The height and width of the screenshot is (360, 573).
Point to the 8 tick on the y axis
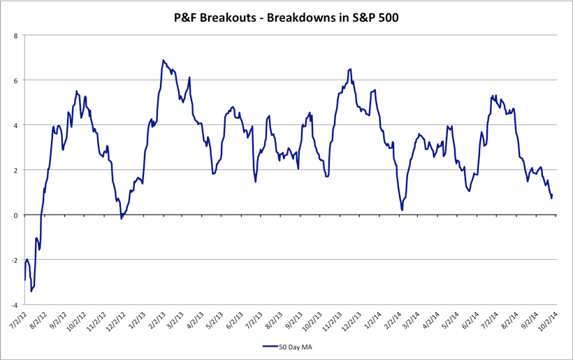[16, 35]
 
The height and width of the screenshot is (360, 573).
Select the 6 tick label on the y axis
[16, 80]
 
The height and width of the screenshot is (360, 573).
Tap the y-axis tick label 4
[16, 125]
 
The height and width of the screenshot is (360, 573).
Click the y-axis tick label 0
[16, 215]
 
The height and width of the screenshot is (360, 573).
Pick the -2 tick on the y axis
[15, 260]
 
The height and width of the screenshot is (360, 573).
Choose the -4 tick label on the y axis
[15, 305]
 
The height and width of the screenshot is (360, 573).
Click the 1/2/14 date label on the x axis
[372, 320]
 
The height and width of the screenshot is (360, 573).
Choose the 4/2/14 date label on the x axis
[430, 320]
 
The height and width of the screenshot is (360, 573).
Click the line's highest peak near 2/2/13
[163, 60]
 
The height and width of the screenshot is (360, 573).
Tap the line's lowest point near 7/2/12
[31, 291]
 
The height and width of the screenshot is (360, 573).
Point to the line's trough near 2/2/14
[402, 209]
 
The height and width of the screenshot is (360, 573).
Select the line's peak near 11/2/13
[350, 69]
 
